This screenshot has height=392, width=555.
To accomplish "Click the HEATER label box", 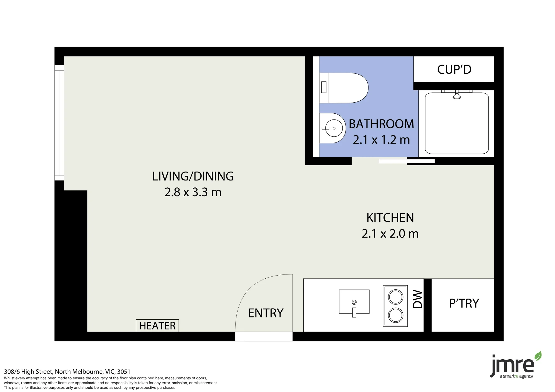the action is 157,325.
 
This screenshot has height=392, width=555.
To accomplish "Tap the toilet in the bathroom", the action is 344,88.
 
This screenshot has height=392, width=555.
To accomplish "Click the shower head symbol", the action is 457,95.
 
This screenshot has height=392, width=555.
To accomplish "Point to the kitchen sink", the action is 354,302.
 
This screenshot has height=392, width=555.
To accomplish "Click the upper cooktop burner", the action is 395,297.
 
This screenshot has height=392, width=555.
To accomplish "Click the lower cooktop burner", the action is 395,315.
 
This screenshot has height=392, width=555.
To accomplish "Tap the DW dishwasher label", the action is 417,299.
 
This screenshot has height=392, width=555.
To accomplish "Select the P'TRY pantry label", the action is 464,303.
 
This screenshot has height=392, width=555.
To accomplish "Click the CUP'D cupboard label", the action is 454,70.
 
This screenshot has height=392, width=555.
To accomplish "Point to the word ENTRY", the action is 266,313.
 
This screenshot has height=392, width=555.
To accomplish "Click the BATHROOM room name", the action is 381,124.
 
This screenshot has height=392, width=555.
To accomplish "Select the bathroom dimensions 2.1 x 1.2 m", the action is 381,140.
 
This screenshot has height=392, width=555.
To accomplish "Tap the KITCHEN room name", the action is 390,218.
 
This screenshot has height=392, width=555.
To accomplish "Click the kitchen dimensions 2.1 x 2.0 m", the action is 390,234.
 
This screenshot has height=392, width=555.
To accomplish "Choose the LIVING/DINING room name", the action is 193,176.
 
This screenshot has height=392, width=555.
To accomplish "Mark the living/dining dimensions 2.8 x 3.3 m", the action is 193,192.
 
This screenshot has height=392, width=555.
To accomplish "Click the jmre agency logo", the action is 515,365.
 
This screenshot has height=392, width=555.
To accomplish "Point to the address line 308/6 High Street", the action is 67,371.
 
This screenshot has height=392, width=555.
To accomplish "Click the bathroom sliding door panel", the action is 407,161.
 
